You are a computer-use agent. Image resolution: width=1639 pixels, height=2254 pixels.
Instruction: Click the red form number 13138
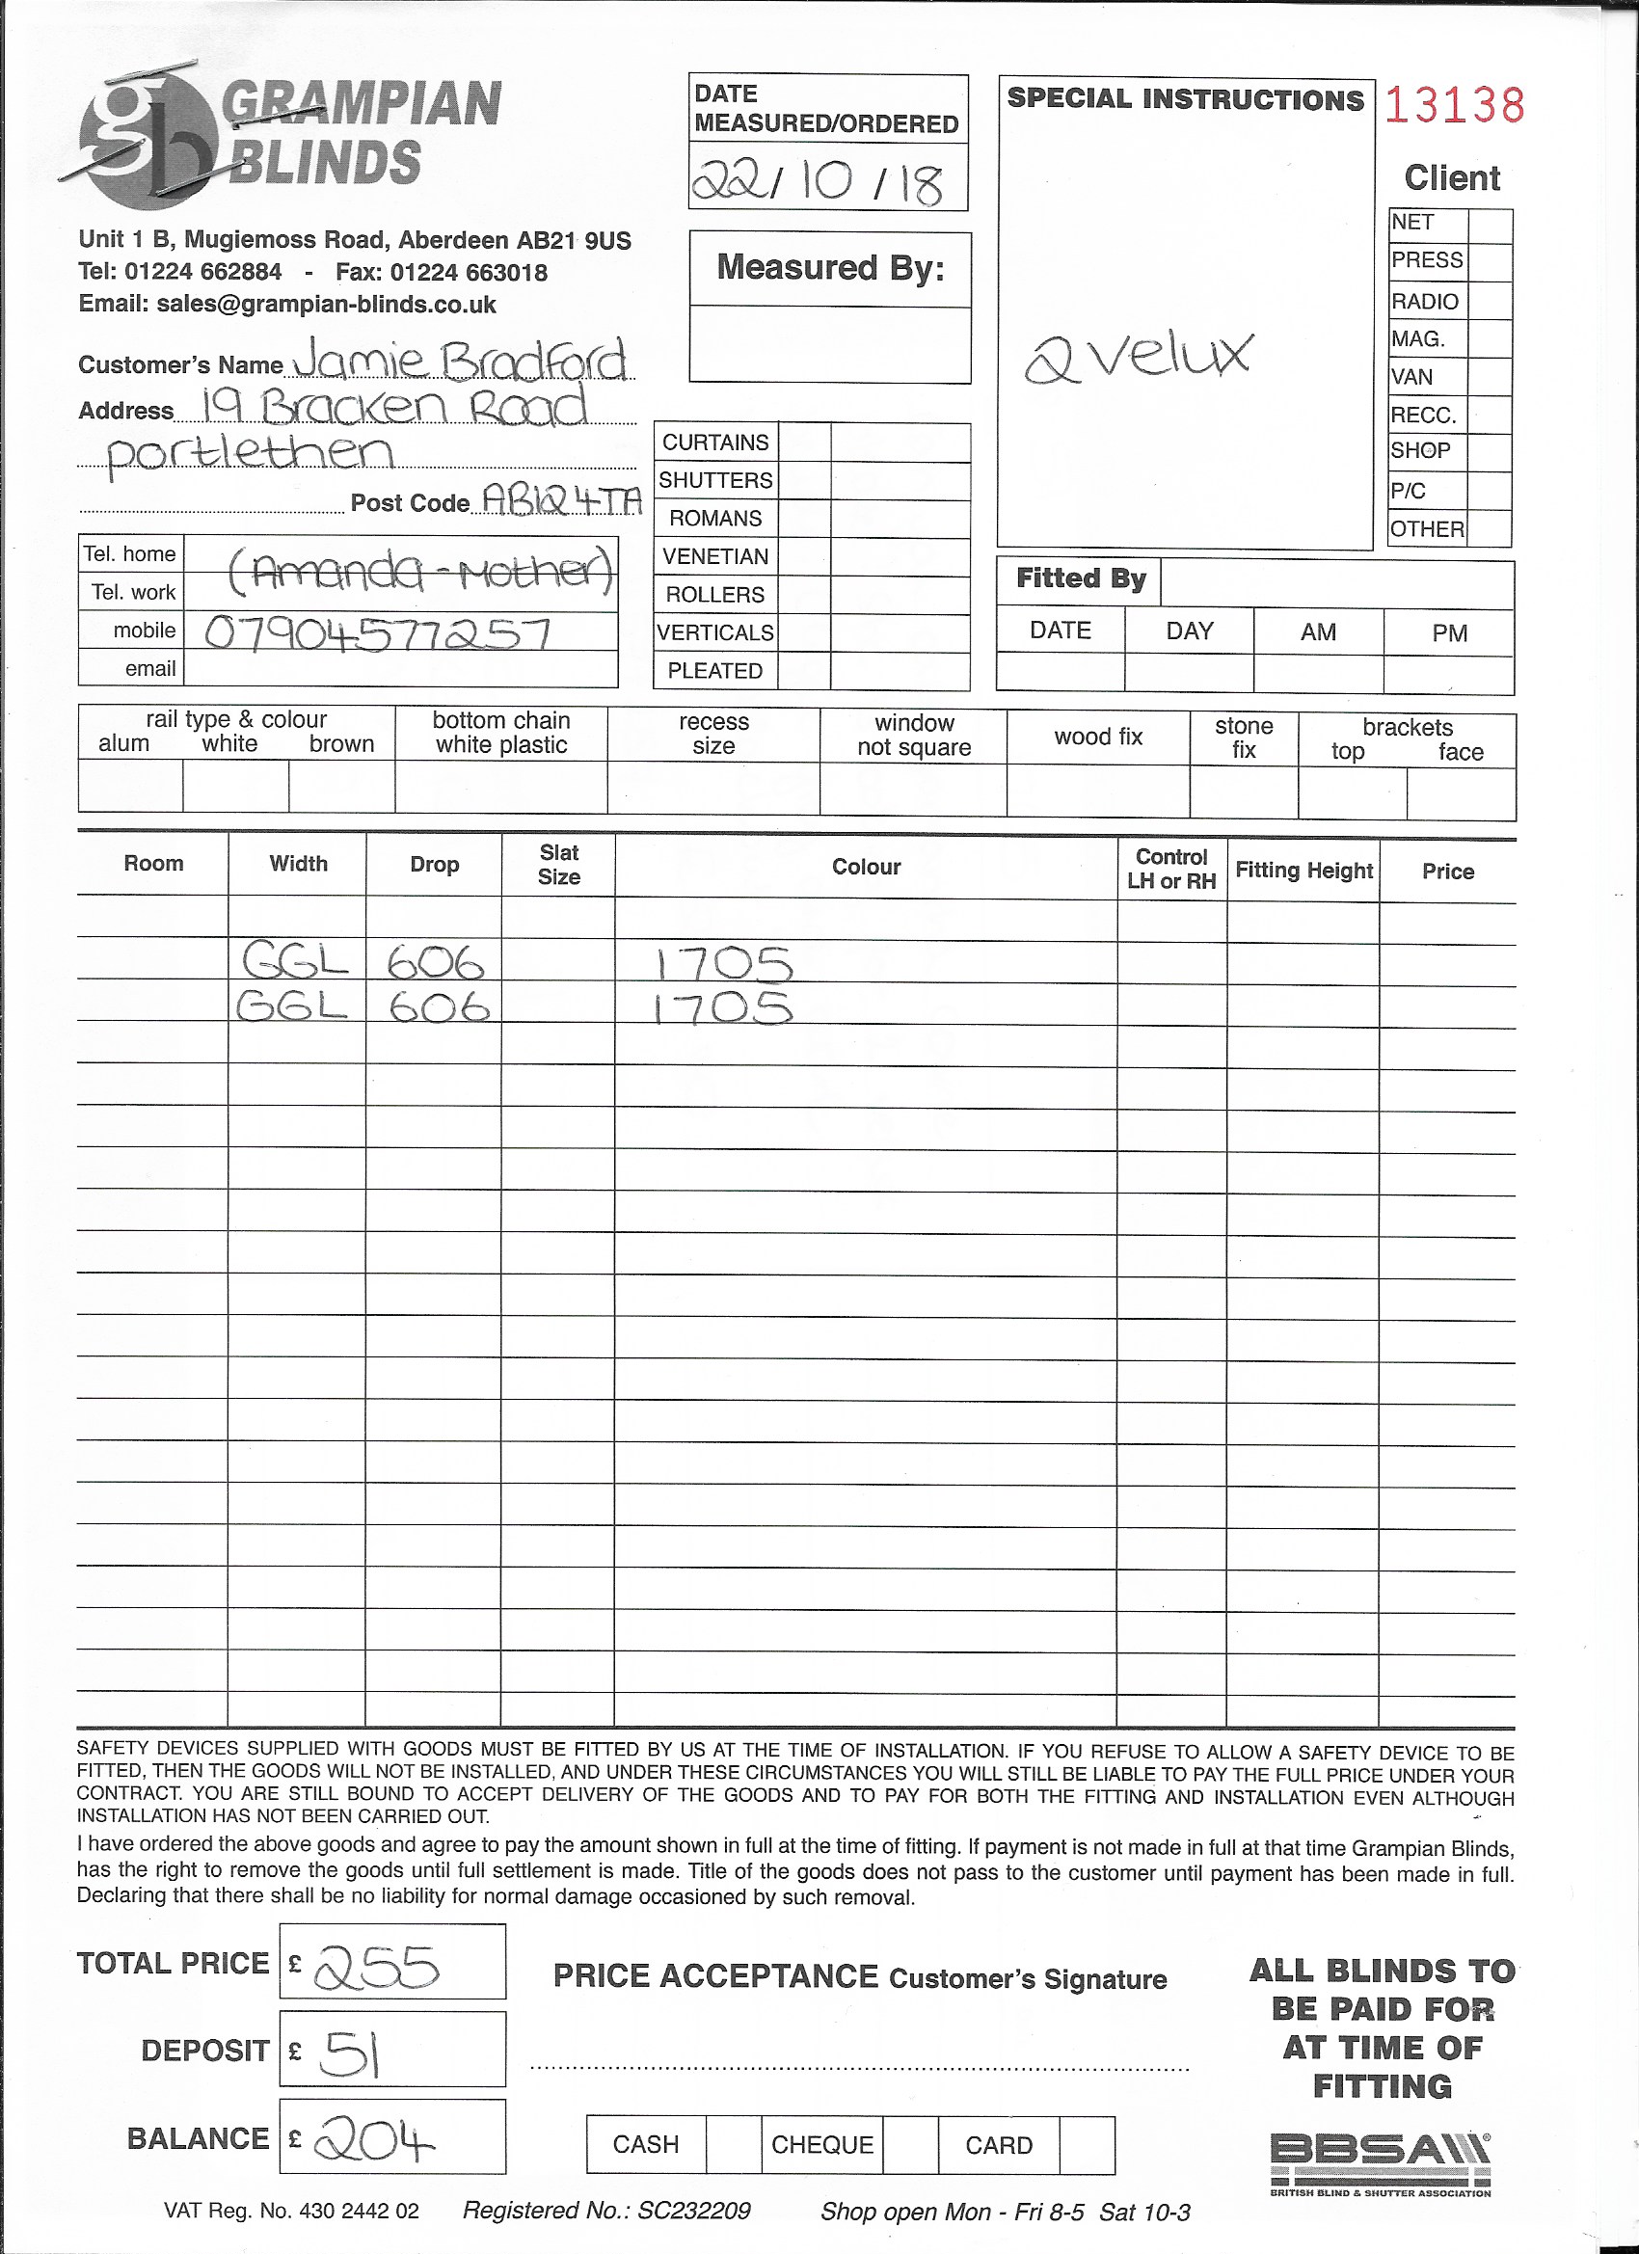[1453, 105]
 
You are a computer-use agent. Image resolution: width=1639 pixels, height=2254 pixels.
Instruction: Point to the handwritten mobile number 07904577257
[377, 633]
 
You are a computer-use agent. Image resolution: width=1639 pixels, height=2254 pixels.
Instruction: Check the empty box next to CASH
[734, 2144]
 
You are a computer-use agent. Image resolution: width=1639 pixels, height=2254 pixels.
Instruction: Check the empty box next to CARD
[1087, 2144]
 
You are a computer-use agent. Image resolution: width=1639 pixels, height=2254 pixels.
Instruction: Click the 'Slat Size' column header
[558, 865]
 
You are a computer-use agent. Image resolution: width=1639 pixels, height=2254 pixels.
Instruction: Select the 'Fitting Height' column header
[1303, 871]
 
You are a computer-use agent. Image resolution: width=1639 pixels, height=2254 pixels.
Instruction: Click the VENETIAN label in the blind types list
[715, 556]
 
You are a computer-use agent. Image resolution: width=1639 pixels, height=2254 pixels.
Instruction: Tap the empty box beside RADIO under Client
[1489, 301]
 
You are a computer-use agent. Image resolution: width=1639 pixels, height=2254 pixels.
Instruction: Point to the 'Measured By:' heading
[830, 267]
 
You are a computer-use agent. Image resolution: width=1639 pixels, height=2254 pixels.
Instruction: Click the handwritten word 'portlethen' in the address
[250, 454]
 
